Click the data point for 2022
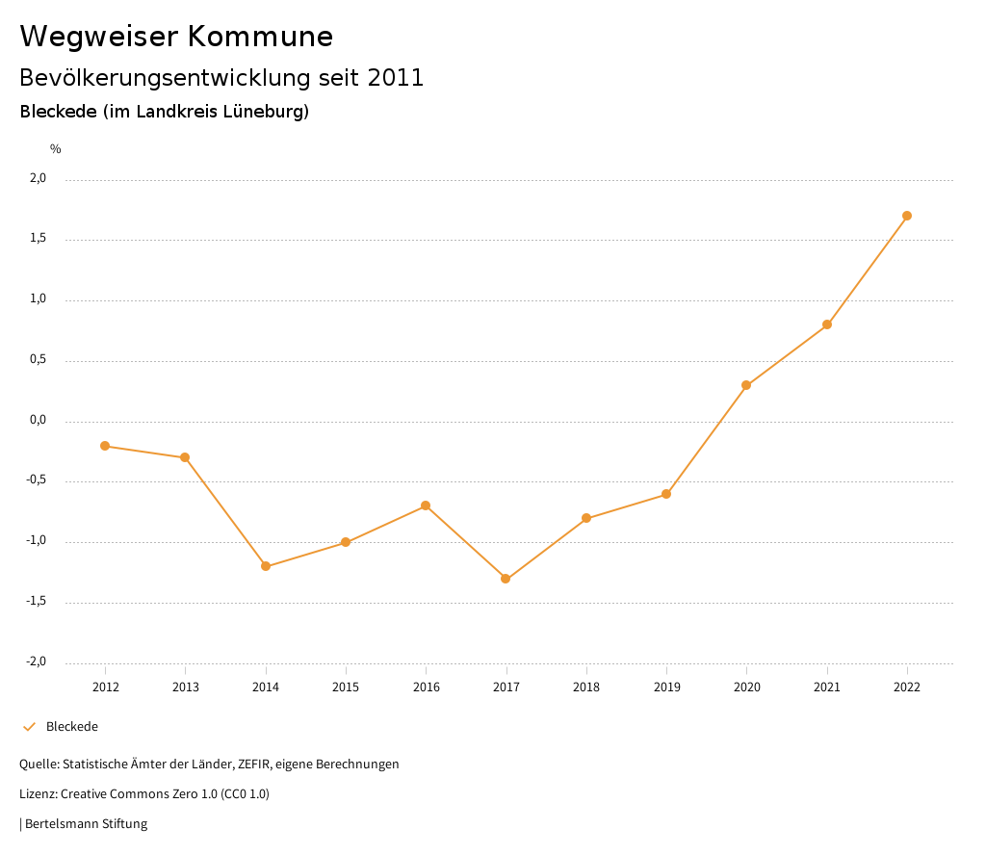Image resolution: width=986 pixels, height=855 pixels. (x=907, y=216)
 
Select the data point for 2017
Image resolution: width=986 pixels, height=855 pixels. (x=506, y=579)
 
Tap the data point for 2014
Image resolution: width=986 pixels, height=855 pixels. (x=266, y=566)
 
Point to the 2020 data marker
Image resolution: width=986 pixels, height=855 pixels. (x=746, y=385)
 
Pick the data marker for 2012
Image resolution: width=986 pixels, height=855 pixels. (x=105, y=446)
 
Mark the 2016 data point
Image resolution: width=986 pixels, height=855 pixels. (x=426, y=505)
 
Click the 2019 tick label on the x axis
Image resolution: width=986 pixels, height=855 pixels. (x=666, y=687)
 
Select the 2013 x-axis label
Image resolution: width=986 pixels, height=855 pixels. (x=186, y=687)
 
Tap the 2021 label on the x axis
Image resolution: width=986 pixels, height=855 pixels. (x=827, y=687)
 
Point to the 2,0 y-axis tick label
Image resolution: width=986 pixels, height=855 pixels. (x=39, y=178)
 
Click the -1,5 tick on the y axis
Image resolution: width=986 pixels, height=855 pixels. (x=37, y=602)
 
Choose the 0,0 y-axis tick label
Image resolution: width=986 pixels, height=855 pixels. (x=39, y=420)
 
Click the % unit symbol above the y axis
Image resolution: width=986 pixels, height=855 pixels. (x=56, y=149)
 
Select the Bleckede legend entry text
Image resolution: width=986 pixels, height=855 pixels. (x=72, y=727)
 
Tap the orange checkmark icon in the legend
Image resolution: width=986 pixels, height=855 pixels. (x=29, y=727)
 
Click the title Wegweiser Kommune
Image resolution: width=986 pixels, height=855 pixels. (x=176, y=36)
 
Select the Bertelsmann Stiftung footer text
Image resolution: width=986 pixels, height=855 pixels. (x=86, y=824)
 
